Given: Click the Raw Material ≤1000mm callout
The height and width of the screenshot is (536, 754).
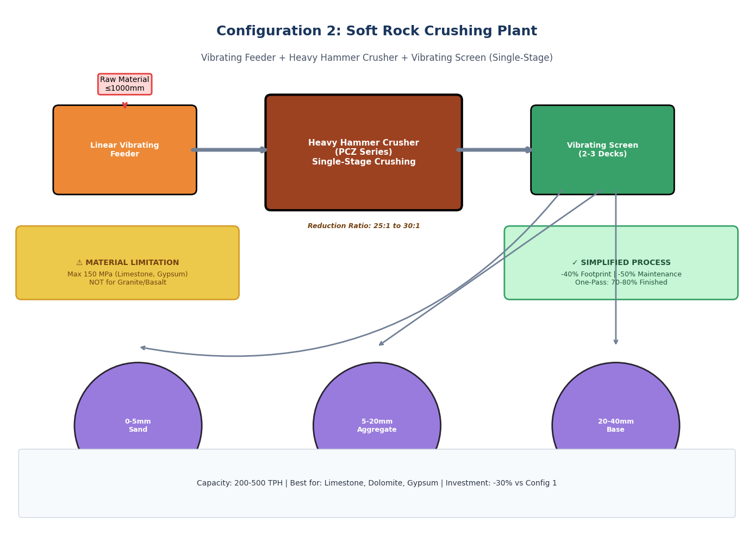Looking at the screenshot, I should [x=124, y=84].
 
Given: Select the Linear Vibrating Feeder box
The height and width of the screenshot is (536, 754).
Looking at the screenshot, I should [x=124, y=150].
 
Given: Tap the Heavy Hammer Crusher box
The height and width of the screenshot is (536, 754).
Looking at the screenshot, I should [x=363, y=152].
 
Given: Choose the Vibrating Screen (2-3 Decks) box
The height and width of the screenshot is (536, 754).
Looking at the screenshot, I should [x=602, y=150].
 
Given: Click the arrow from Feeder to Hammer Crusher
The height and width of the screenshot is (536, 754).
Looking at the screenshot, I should [x=228, y=150].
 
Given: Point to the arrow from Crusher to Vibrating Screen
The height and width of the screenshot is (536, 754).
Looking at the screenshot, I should [x=494, y=150].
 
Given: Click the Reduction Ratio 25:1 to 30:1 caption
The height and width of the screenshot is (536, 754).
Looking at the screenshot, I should [x=364, y=226].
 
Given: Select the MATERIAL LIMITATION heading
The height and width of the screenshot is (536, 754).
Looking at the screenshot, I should [x=127, y=263].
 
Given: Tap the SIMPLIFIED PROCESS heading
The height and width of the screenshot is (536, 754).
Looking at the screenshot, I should [x=621, y=263].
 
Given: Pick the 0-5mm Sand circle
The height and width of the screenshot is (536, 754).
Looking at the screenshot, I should [x=138, y=413].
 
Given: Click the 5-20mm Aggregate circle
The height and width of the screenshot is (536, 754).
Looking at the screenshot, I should [x=377, y=413].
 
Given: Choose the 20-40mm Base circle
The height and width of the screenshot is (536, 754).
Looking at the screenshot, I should [x=615, y=413].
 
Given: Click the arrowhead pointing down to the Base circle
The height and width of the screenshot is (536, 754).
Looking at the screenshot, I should [x=616, y=342].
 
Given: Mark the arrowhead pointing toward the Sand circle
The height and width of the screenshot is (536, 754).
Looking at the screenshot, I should [x=143, y=348].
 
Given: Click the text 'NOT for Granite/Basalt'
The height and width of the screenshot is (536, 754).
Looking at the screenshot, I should [x=128, y=282].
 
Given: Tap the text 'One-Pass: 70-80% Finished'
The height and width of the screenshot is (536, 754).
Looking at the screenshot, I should [x=621, y=282].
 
